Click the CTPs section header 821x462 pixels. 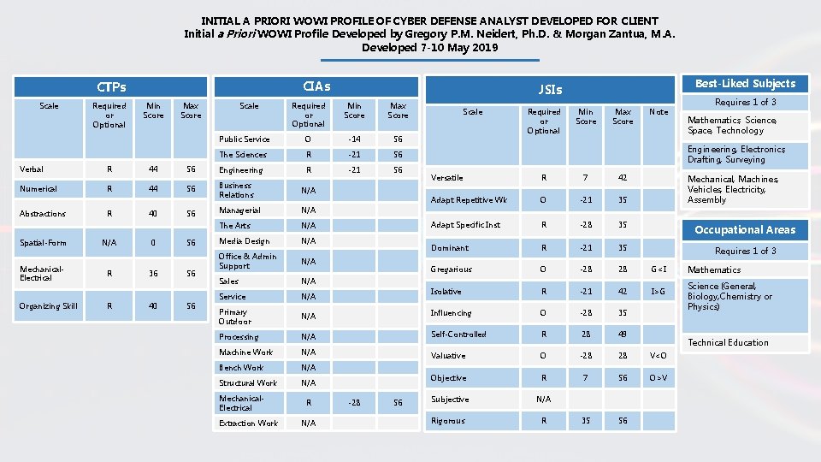[111, 86]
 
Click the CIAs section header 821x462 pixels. [316, 86]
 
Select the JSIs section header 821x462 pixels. [551, 88]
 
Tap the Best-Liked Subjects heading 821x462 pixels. [745, 83]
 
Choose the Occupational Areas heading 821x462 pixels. [745, 229]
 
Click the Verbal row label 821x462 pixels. [32, 169]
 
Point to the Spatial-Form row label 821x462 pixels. [43, 241]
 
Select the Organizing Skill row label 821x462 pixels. [48, 305]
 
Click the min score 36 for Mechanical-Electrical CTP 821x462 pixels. [153, 274]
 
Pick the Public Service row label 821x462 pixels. [245, 139]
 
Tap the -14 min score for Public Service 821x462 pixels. [354, 139]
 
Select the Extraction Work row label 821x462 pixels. [248, 423]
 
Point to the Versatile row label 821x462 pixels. [447, 177]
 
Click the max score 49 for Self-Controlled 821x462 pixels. [623, 335]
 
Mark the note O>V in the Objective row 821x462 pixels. [659, 377]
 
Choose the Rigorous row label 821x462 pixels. [448, 420]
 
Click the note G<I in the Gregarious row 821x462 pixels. [659, 269]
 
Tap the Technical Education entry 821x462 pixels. [728, 342]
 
